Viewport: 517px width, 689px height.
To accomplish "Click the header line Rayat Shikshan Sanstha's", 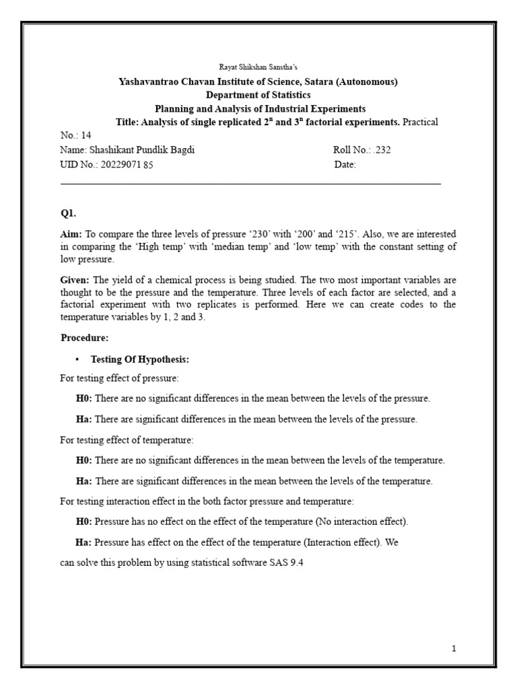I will point(258,68).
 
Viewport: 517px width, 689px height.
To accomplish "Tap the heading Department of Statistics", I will point(258,96).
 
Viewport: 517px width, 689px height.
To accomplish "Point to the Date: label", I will point(345,165).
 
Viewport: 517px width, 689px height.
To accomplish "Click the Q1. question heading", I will point(69,214).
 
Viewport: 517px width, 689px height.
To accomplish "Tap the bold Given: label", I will point(75,279).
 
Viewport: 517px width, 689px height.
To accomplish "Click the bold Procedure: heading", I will point(85,337).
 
